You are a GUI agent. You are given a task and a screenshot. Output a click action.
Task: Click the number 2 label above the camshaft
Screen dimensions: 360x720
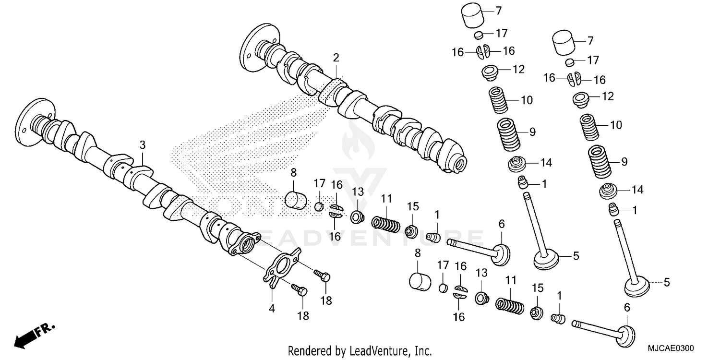(x=336, y=58)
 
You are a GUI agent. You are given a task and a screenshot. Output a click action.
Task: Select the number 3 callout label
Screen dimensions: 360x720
(x=142, y=144)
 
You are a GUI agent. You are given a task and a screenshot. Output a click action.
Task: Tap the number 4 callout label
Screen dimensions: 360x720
(x=272, y=309)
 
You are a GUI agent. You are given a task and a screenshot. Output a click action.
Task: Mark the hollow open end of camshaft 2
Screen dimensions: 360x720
(x=460, y=163)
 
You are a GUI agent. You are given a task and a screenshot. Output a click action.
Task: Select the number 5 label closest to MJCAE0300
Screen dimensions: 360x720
(x=666, y=283)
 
